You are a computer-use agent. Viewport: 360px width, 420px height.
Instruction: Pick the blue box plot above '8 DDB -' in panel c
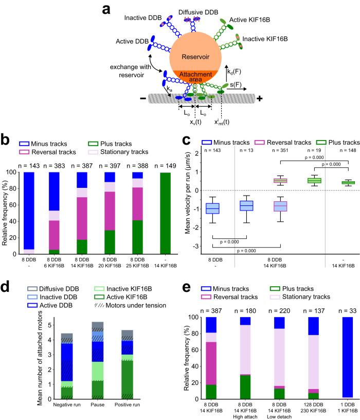[x=212, y=208]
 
